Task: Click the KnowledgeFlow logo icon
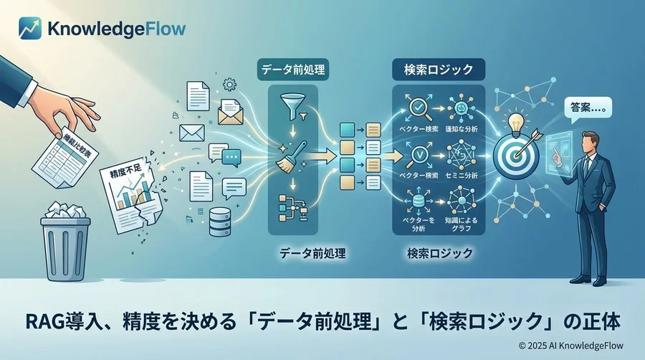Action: point(29,29)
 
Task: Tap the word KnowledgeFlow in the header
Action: point(116,29)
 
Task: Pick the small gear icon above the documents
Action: point(230,85)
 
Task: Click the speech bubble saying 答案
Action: point(586,108)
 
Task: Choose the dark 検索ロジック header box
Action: point(439,71)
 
